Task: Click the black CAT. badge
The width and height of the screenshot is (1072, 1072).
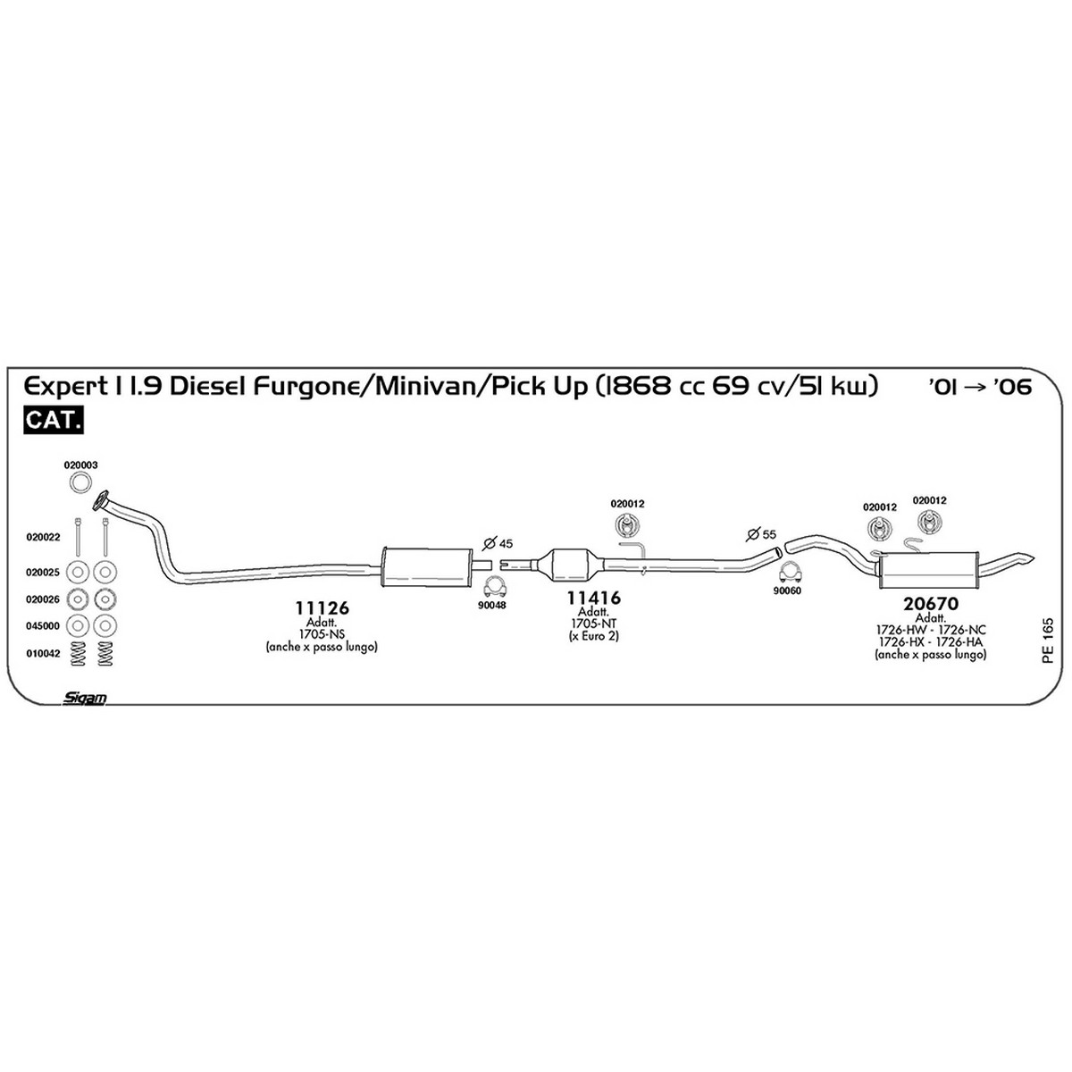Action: click(54, 421)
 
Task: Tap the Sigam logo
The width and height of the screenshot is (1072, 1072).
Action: click(85, 699)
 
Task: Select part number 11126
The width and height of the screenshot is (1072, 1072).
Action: click(322, 608)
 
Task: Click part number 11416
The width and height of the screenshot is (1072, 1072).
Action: click(593, 598)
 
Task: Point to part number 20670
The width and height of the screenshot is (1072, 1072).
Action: click(931, 604)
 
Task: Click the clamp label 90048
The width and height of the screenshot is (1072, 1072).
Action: click(492, 606)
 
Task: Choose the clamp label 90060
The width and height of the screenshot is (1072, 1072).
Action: click(787, 590)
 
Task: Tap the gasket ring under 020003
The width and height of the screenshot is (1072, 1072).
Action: click(80, 482)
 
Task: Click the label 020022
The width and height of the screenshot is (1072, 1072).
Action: click(43, 538)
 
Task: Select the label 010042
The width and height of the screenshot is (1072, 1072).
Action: click(43, 654)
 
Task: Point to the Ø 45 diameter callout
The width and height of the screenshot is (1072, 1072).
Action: click(498, 543)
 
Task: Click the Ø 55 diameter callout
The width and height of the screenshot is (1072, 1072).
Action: click(761, 534)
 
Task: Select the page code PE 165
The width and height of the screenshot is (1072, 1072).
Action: click(1048, 641)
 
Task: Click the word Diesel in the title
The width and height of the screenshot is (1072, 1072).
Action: click(209, 386)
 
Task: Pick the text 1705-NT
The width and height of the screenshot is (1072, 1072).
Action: click(593, 624)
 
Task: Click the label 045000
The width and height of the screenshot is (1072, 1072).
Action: click(43, 626)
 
